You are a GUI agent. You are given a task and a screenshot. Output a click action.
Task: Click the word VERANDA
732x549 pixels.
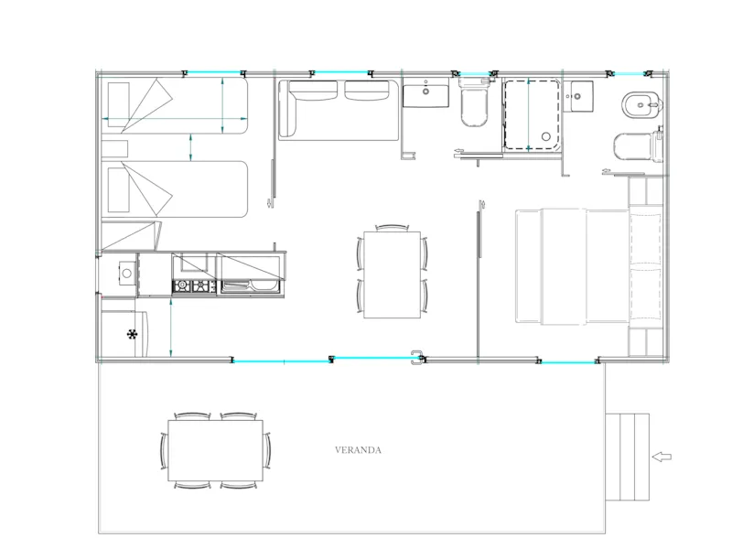(x=358, y=450)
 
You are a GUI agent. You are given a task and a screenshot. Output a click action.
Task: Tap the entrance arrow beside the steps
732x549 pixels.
(x=662, y=457)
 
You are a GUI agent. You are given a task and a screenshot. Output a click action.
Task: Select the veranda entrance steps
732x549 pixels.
(x=628, y=457)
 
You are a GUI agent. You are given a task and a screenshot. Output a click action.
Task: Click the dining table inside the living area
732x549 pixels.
(x=393, y=275)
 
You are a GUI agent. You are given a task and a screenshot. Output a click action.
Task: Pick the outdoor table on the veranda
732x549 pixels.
(x=215, y=450)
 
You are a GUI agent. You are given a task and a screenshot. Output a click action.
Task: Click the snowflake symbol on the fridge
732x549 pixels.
(x=133, y=334)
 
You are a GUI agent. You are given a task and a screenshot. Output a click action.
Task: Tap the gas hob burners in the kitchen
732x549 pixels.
(x=194, y=285)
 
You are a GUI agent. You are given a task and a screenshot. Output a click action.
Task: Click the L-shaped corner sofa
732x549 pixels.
(x=339, y=110)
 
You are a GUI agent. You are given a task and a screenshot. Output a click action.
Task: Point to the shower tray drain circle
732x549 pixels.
(x=545, y=136)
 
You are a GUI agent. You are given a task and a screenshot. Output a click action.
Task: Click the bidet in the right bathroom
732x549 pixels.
(x=642, y=106)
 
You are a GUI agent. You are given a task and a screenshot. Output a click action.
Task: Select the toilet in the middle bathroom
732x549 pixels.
(x=474, y=102)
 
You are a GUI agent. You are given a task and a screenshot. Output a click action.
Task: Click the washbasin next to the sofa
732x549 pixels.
(x=425, y=92)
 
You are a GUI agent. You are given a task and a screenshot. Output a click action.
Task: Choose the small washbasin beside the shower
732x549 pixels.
(x=578, y=96)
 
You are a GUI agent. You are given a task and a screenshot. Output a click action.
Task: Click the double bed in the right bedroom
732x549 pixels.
(x=588, y=266)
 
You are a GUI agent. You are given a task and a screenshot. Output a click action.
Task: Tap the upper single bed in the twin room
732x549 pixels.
(x=174, y=106)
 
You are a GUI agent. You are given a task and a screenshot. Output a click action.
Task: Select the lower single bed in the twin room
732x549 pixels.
(x=174, y=189)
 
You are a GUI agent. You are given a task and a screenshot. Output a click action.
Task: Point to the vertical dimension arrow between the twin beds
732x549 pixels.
(x=190, y=147)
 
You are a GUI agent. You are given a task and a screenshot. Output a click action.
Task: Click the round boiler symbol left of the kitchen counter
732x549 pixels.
(x=126, y=274)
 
